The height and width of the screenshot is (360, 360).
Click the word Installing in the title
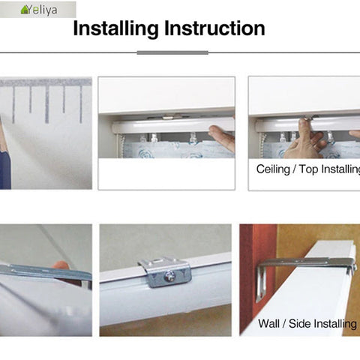coord(116,29)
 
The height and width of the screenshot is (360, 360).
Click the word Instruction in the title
coord(214,29)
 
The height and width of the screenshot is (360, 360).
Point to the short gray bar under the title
coord(172,52)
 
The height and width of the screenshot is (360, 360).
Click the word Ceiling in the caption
coord(272,169)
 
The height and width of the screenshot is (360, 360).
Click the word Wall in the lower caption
coord(271,324)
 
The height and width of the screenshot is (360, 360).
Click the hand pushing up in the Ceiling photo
coord(307,139)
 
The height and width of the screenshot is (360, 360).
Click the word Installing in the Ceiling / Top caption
coord(341,169)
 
